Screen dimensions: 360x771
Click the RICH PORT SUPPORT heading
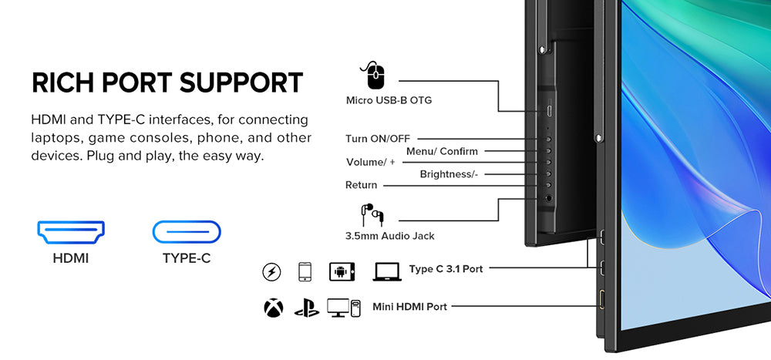(167, 83)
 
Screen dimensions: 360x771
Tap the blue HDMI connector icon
(71, 230)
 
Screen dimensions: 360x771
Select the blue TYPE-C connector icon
(187, 230)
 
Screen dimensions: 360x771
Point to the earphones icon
(372, 214)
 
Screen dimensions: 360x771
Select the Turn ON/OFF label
(378, 139)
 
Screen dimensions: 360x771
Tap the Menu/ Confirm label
(442, 151)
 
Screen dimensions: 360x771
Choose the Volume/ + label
(370, 163)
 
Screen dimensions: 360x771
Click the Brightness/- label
(449, 174)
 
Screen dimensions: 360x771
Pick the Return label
(362, 185)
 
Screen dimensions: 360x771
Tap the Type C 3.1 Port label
(446, 269)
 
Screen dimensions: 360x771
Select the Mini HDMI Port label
(409, 307)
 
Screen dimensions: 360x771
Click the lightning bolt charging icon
(271, 271)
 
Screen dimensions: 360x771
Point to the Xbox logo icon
(273, 308)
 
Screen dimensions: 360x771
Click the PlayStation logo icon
(305, 308)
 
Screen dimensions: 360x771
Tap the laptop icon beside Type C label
(385, 271)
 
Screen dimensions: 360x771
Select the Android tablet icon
(342, 271)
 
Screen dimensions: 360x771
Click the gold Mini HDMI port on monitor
(601, 298)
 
